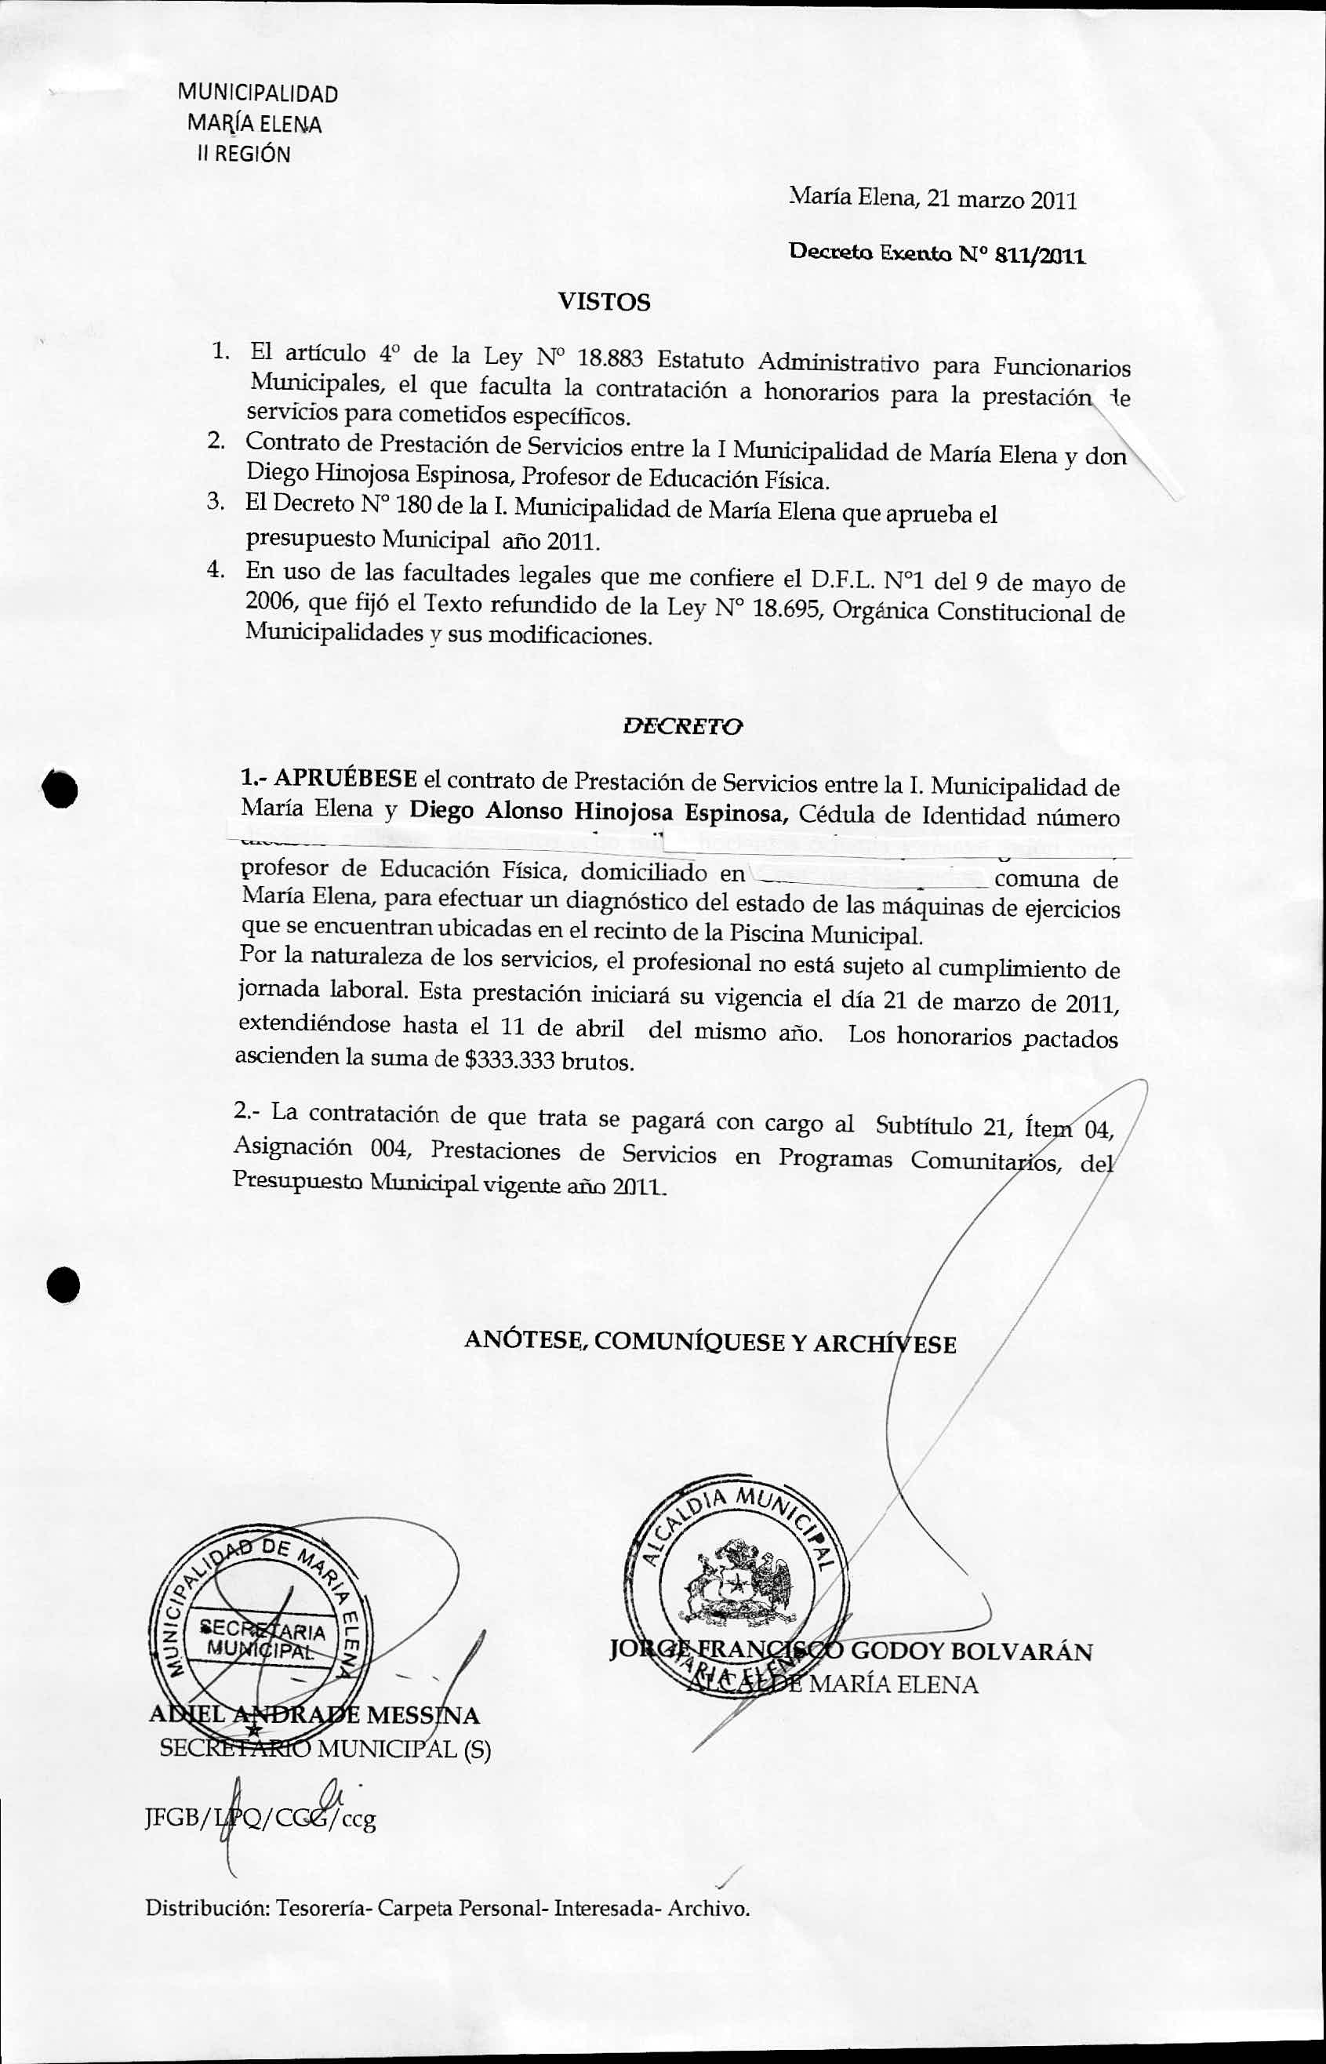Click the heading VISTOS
[x=605, y=301]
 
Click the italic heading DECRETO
[x=682, y=725]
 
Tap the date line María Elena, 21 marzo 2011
[x=933, y=200]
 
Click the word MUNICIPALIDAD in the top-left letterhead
[x=257, y=93]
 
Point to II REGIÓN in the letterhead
[x=244, y=154]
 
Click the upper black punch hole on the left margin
[x=62, y=788]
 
